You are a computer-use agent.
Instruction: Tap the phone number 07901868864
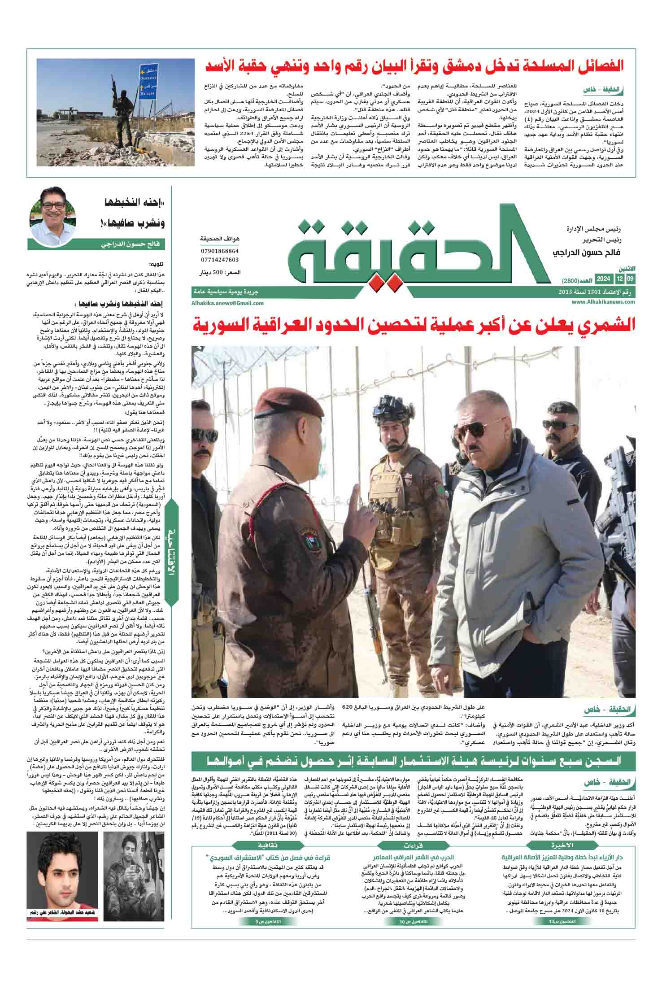pos(220,252)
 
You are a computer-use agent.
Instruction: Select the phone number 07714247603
pos(220,260)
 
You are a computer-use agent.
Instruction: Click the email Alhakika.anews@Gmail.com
pos(227,303)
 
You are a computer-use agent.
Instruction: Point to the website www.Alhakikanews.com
pos(603,302)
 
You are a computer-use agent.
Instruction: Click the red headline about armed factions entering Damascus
pos(415,66)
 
